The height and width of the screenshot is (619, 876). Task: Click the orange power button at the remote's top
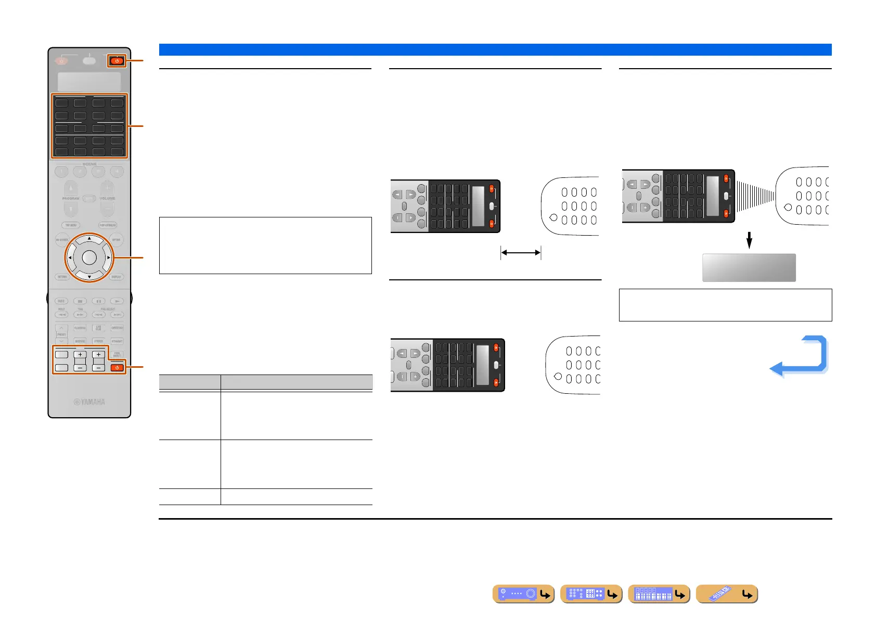point(117,61)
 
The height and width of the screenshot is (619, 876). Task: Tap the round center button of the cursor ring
point(89,257)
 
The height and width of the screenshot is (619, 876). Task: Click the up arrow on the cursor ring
point(89,239)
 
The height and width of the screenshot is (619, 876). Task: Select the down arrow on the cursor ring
point(89,277)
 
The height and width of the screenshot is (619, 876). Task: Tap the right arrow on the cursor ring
point(108,257)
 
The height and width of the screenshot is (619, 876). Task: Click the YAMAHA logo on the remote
point(89,402)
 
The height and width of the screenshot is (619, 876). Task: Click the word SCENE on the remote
point(89,164)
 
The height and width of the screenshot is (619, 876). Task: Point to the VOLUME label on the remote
point(107,198)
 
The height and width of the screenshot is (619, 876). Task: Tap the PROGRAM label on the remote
point(71,198)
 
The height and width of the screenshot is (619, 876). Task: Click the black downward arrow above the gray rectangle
point(749,240)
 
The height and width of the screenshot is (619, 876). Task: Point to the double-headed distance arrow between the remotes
point(521,253)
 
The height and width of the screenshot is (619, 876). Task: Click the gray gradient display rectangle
point(749,268)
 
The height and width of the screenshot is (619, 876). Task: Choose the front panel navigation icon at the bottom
point(523,594)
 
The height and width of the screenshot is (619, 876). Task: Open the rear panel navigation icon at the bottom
point(591,594)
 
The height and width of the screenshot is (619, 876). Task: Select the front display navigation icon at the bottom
point(659,594)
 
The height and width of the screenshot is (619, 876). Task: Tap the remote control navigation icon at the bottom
point(726,594)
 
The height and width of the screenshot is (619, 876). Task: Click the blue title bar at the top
point(495,49)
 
